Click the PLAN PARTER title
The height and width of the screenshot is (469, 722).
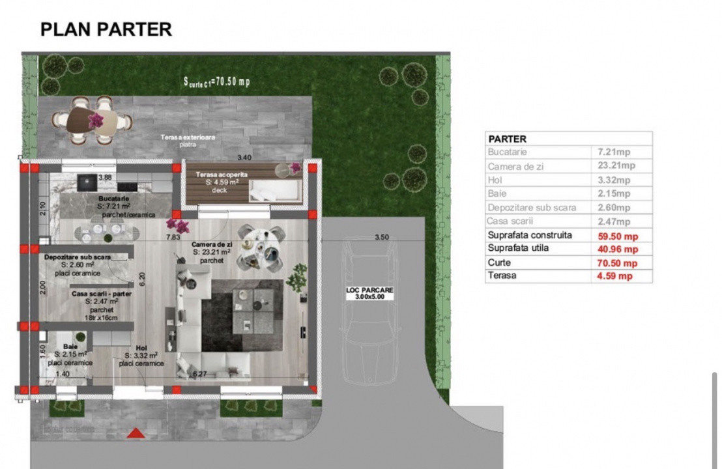coord(106,29)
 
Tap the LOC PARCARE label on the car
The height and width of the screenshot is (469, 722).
coord(369,292)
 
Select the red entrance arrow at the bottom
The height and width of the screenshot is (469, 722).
coord(135,433)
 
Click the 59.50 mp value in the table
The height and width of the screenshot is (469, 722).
coord(614,236)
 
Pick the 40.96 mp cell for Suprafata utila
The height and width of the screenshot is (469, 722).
coord(614,249)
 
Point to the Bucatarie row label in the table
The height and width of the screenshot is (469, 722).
coord(509,152)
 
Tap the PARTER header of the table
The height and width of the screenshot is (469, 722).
coord(508,139)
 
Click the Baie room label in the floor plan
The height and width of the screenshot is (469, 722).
coord(70,347)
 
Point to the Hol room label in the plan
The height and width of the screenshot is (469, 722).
coord(141,348)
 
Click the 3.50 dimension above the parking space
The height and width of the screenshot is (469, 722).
coord(381,238)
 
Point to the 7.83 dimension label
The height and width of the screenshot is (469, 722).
coord(173,237)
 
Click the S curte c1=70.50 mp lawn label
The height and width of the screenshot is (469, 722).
coord(217,81)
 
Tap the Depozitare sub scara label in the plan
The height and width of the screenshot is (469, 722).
coord(78,257)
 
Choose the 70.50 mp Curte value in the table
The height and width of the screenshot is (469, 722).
coord(614,263)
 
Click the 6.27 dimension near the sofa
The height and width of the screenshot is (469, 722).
coord(199,374)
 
